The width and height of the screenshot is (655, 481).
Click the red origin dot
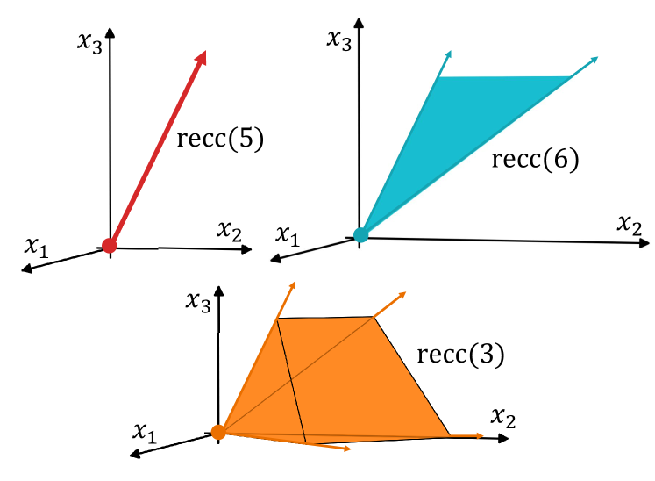pos(109,246)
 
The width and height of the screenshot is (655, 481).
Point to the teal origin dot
pos(360,234)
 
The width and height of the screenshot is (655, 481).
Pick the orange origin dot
pos(218,432)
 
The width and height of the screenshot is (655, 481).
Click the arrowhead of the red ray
pos(203,57)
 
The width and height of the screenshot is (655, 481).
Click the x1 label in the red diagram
pos(36,247)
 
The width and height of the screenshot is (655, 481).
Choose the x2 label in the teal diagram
pos(630,223)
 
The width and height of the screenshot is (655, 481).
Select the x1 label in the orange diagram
pos(146,431)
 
